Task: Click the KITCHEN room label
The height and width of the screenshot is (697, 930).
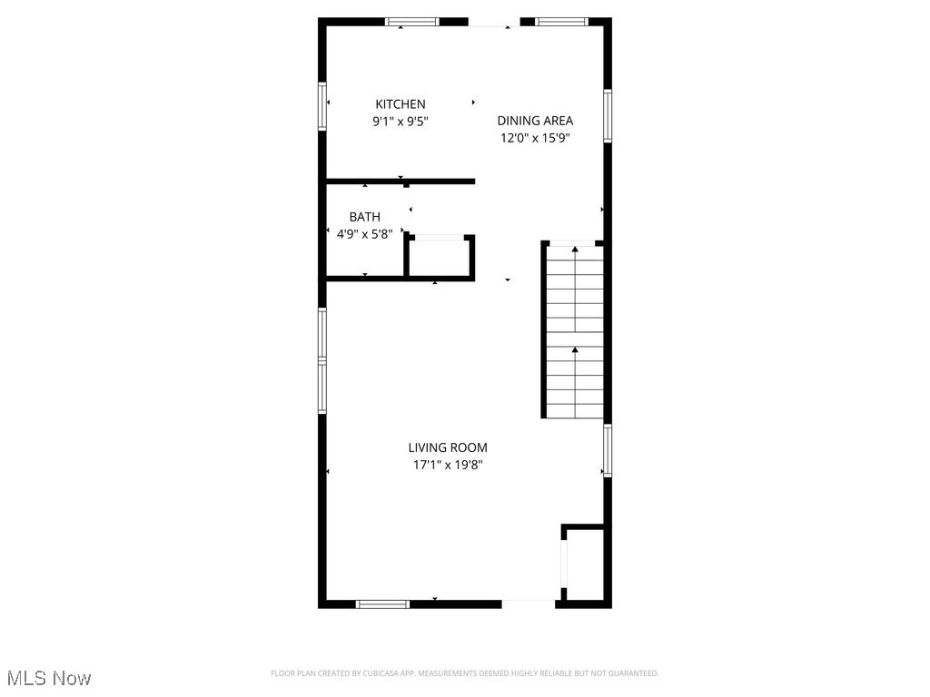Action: pyautogui.click(x=400, y=104)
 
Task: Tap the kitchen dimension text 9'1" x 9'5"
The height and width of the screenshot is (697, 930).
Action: pyautogui.click(x=400, y=121)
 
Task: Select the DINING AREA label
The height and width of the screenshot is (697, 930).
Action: pyautogui.click(x=535, y=121)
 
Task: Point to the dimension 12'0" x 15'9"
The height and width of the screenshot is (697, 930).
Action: pyautogui.click(x=535, y=138)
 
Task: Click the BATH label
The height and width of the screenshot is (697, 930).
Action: pyautogui.click(x=364, y=217)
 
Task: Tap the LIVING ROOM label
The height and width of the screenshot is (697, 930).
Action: pyautogui.click(x=447, y=447)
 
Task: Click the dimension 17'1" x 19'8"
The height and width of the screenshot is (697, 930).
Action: pyautogui.click(x=447, y=465)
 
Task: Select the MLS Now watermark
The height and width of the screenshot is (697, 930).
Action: pyautogui.click(x=49, y=678)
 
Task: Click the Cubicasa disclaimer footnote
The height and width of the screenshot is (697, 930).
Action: pyautogui.click(x=464, y=673)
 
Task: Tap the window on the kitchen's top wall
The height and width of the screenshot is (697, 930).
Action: pyautogui.click(x=412, y=22)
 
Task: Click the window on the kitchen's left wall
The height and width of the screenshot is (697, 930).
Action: pyautogui.click(x=322, y=106)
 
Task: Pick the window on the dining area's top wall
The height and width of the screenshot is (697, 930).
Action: pyautogui.click(x=561, y=22)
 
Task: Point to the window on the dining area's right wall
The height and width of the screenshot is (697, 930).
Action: pyautogui.click(x=608, y=115)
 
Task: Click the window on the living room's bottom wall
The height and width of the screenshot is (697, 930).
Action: pyautogui.click(x=382, y=604)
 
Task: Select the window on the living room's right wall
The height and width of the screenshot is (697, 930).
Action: pyautogui.click(x=608, y=451)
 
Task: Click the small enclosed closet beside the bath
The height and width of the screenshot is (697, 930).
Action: pyautogui.click(x=440, y=257)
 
